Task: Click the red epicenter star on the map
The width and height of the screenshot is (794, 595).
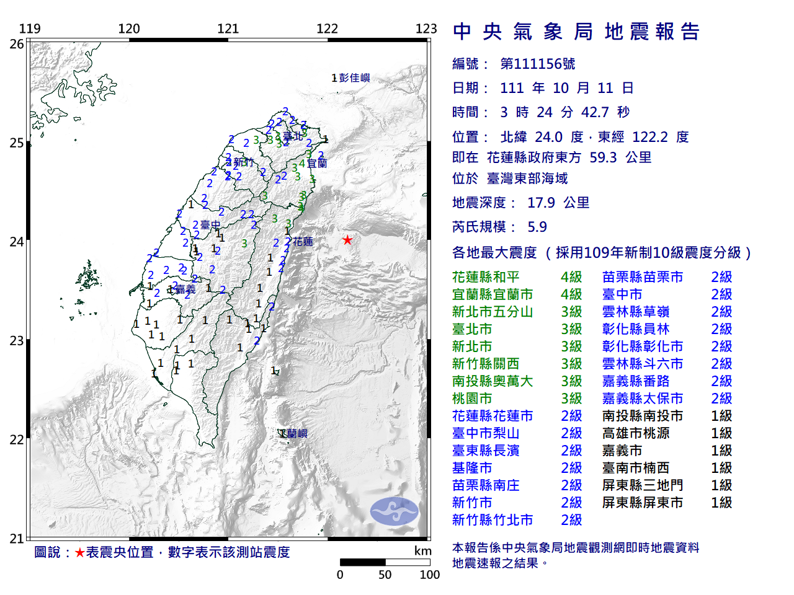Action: (347, 240)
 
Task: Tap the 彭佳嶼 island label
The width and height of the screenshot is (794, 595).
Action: (354, 77)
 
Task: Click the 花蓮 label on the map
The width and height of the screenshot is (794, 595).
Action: (303, 241)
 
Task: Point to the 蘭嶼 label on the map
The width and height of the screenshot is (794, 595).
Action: (296, 433)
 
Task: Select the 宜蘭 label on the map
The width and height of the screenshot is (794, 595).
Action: (316, 163)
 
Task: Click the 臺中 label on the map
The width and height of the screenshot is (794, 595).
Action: (210, 225)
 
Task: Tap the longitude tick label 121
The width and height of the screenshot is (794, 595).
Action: (228, 29)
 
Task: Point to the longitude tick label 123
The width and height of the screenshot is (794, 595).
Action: (426, 29)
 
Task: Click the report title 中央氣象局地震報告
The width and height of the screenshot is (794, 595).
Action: (576, 32)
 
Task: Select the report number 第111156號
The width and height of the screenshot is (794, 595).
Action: (537, 64)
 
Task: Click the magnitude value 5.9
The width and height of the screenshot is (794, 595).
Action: (537, 227)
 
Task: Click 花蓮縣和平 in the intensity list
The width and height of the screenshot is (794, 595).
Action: (486, 277)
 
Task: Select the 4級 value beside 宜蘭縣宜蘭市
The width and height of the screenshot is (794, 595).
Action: (571, 294)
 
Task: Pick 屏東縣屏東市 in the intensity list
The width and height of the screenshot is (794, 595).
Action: (642, 503)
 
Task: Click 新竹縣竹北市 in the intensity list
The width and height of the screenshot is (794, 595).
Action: (493, 520)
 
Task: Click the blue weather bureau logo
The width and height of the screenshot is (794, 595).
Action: (395, 511)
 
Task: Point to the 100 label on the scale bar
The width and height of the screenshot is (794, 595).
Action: (429, 575)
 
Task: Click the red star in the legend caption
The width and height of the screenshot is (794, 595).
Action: (79, 552)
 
